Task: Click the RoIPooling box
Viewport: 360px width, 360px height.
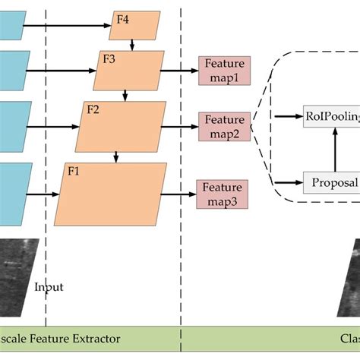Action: (x=331, y=115)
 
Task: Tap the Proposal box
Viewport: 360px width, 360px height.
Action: (x=331, y=182)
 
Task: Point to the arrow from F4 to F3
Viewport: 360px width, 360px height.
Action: (x=133, y=46)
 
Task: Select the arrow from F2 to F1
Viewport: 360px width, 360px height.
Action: (x=115, y=156)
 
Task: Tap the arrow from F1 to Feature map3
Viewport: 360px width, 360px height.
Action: (x=178, y=194)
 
